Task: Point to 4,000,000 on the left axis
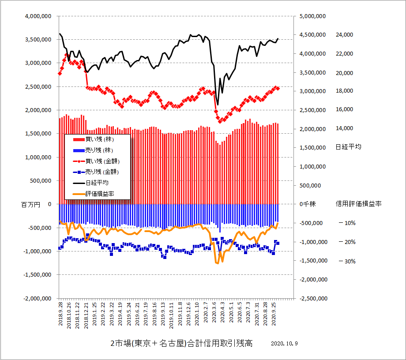[x=38, y=16]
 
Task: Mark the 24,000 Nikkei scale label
[x=345, y=35]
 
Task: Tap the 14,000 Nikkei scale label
[x=345, y=128]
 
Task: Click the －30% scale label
[x=346, y=261]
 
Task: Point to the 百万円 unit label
[x=30, y=205]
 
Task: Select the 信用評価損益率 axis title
[x=359, y=204]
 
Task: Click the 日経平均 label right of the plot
[x=348, y=147]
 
